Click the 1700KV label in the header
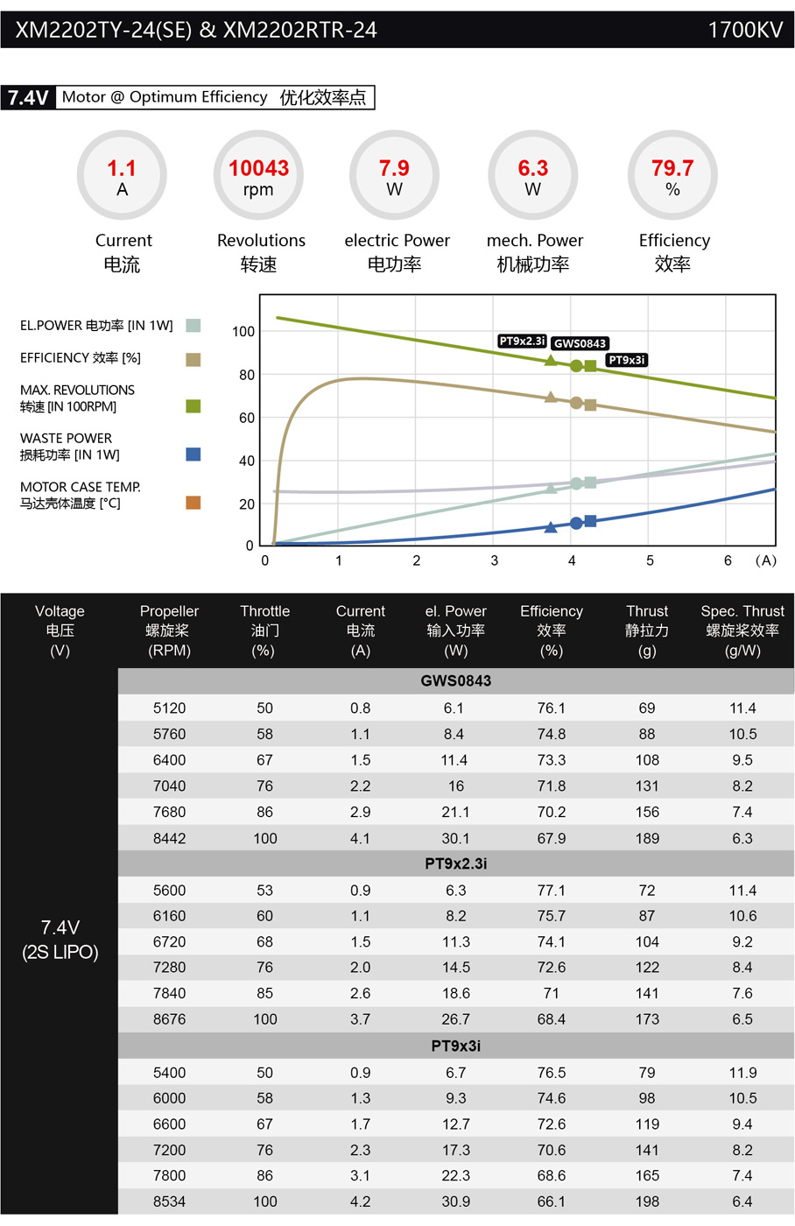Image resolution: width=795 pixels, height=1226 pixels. tap(744, 30)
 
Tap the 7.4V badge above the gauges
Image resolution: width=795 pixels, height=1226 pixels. tap(28, 97)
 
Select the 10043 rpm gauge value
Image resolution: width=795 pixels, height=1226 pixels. tap(258, 168)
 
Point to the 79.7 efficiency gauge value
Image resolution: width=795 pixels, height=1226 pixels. tap(672, 168)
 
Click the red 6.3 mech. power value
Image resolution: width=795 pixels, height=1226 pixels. tap(532, 168)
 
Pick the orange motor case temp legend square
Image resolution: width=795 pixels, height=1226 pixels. tap(193, 503)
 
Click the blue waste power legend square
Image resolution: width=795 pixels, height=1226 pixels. tap(193, 454)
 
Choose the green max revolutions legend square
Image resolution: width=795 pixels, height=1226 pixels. tap(193, 405)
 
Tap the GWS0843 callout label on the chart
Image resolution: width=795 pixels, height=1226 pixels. tap(580, 343)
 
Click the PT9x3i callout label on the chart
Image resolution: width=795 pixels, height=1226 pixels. tap(627, 360)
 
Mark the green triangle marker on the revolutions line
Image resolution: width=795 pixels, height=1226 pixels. tap(550, 360)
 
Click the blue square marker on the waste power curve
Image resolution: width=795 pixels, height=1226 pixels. tap(590, 521)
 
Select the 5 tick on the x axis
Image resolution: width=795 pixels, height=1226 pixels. tap(650, 560)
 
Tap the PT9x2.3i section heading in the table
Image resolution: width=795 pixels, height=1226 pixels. tap(455, 863)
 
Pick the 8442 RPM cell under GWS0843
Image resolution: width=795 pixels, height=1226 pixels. tap(169, 838)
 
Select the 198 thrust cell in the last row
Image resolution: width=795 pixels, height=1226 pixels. tap(647, 1201)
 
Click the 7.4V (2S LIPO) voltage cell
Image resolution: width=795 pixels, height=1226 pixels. tap(60, 940)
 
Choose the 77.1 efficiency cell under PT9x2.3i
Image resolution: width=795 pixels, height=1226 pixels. tap(551, 891)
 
